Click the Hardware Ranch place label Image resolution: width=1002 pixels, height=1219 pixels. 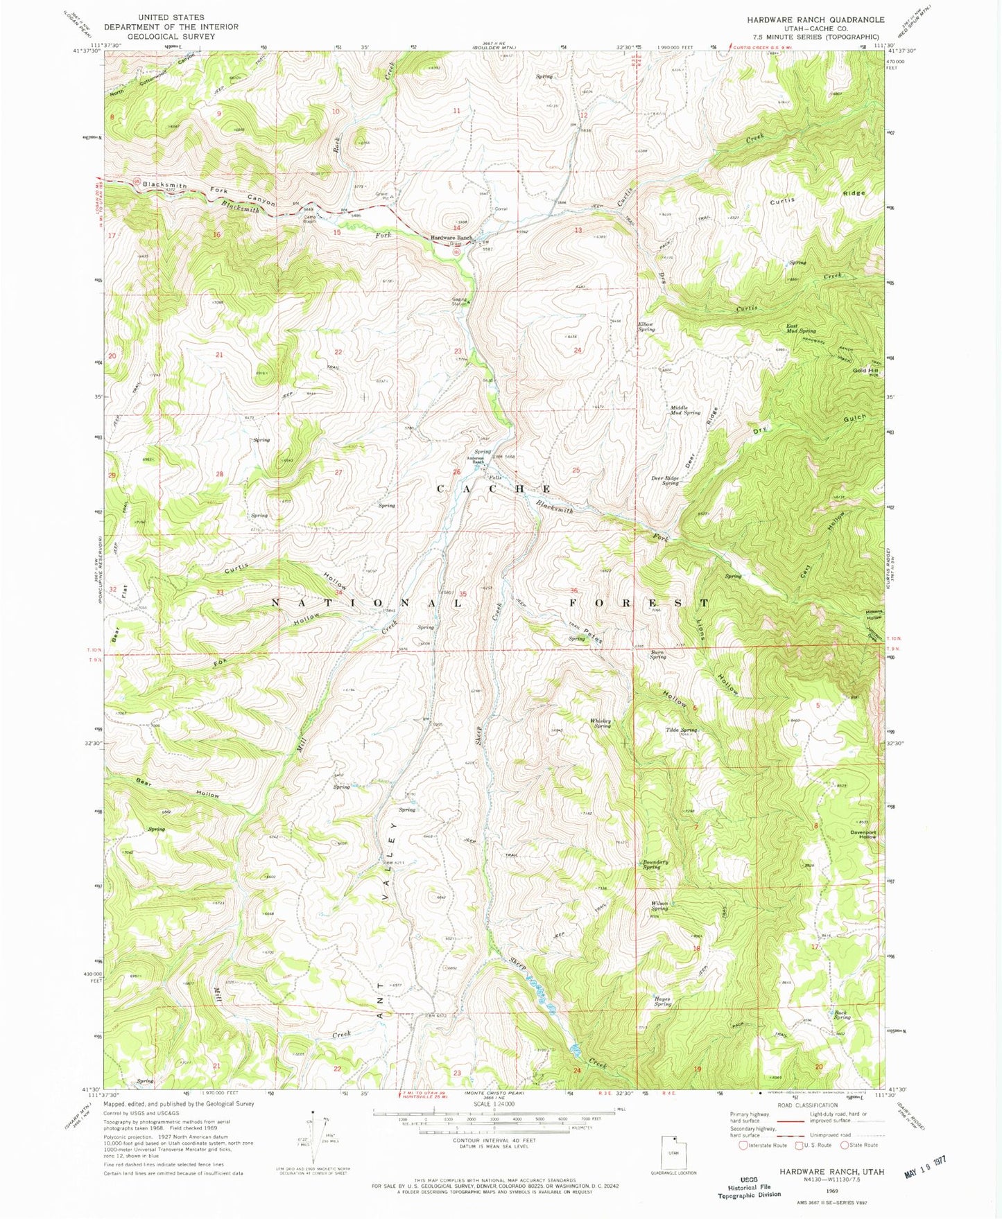coord(451,238)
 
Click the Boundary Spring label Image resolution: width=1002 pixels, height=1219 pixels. coord(655,865)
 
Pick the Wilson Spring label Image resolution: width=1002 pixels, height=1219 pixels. coord(659,906)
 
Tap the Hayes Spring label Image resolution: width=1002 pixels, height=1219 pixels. coord(662,1001)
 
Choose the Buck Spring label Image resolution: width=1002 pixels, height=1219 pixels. coord(842,1015)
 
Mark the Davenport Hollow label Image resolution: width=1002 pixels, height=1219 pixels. coord(864,834)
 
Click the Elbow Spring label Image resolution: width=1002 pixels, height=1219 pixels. coord(646,326)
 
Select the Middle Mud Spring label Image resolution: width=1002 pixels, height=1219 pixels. coord(684,410)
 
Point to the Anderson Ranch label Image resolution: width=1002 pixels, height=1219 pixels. coord(475,459)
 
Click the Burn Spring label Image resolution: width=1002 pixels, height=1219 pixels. coord(657,654)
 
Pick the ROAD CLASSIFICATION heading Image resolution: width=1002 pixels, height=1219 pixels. coord(806,1105)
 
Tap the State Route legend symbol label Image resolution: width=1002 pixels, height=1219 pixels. coord(864,1145)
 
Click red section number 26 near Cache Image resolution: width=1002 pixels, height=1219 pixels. coord(456,473)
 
